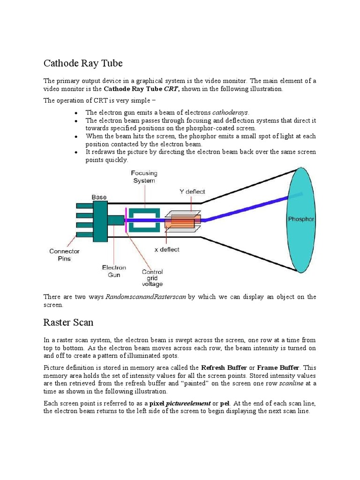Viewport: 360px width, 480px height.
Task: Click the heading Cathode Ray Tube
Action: pyautogui.click(x=83, y=63)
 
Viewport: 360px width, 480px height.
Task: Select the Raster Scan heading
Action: pyautogui.click(x=68, y=322)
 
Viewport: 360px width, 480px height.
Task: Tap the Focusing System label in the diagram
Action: pyautogui.click(x=144, y=177)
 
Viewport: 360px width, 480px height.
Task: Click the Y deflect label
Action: pyautogui.click(x=192, y=191)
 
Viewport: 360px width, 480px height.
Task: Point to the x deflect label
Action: pyautogui.click(x=167, y=249)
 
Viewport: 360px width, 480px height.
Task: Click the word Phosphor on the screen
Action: pyautogui.click(x=301, y=219)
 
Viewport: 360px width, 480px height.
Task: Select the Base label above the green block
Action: pyautogui.click(x=99, y=197)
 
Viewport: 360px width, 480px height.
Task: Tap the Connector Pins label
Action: pyautogui.click(x=64, y=255)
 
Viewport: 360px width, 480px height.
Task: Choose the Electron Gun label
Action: pyautogui.click(x=114, y=271)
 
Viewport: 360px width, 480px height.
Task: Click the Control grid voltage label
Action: pyautogui.click(x=152, y=277)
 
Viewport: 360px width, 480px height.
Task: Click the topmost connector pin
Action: pyautogui.click(x=84, y=205)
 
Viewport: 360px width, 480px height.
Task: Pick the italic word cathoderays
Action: pyautogui.click(x=231, y=112)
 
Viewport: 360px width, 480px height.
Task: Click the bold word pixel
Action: pyautogui.click(x=158, y=403)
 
